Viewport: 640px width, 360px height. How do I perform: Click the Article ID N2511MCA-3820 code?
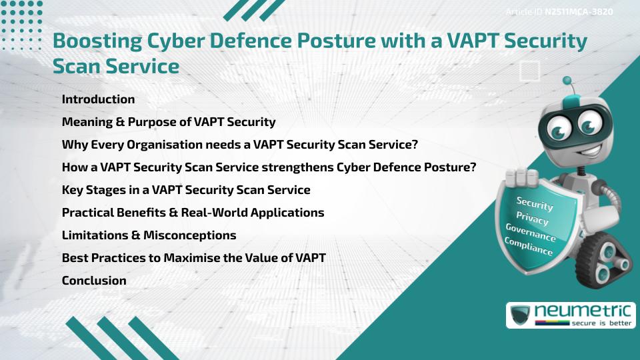coord(578,12)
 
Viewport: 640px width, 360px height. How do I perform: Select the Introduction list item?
coord(98,99)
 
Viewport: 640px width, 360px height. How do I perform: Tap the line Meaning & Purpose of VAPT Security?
coord(168,122)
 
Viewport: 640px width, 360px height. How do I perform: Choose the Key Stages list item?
coord(185,190)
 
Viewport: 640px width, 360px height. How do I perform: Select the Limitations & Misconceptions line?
coord(149,235)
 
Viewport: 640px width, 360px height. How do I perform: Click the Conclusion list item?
coord(94,281)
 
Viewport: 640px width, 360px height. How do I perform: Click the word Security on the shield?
coord(535,204)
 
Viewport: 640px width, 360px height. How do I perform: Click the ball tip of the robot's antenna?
coord(567,81)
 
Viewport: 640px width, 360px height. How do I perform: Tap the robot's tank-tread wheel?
coord(607,260)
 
